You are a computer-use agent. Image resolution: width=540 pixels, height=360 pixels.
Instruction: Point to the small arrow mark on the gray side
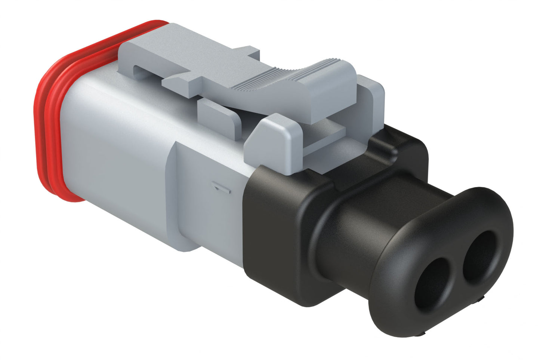221,187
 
